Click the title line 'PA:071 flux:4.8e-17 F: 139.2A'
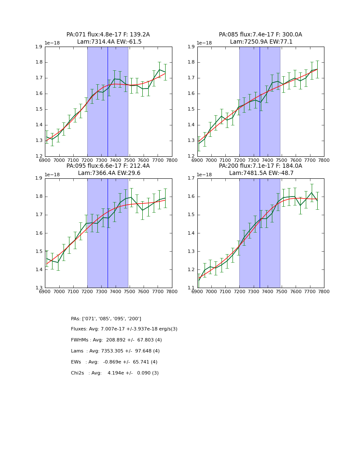coord(108,35)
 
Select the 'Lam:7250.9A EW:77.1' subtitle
coord(261,42)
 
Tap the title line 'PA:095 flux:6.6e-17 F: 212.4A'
coord(108,166)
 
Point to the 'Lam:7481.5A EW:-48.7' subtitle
coord(261,173)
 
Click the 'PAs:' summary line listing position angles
coord(106,319)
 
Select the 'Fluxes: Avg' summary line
coord(124,329)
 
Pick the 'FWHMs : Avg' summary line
coord(116,340)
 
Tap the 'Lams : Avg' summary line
coord(115,351)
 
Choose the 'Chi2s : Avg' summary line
coord(115,373)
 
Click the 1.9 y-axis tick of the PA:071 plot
coord(39,47)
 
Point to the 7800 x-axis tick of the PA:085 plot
coord(324,161)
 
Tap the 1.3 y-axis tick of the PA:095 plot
coord(39,288)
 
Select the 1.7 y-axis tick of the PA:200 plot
coord(191,178)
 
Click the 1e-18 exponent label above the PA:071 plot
coord(52,43)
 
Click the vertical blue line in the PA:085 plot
coord(260,102)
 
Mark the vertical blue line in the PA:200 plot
coord(260,233)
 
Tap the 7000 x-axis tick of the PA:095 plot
coord(59,292)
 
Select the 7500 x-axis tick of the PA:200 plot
coord(282,292)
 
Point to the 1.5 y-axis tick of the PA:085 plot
coord(191,109)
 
